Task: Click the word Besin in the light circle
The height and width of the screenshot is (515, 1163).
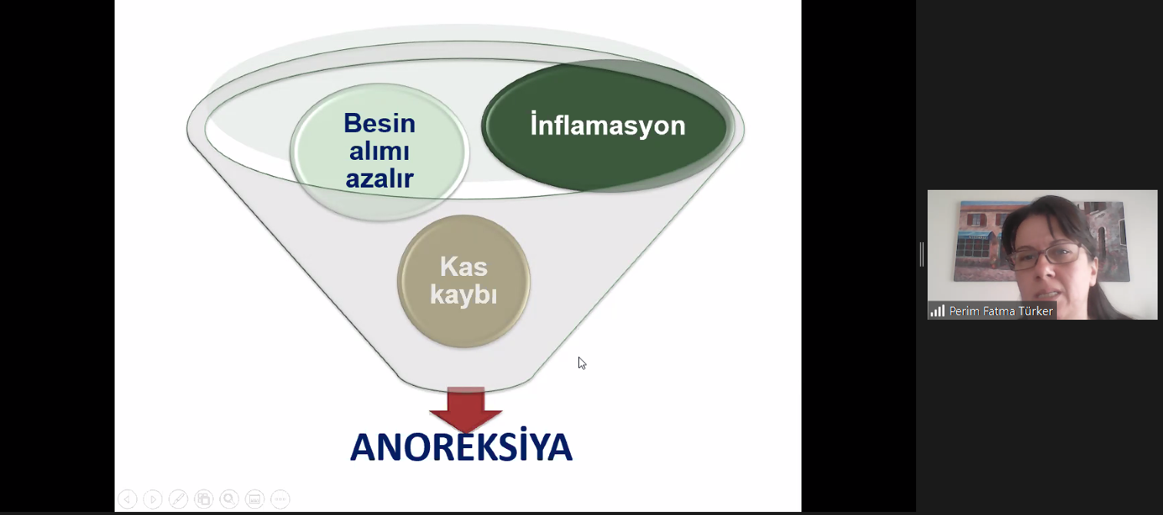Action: point(379,124)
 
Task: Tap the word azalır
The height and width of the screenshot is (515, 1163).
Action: point(379,178)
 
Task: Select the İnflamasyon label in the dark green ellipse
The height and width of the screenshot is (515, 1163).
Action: point(608,125)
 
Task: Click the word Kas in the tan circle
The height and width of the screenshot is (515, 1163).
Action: point(464,267)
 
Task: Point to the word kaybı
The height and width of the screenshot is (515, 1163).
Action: point(464,295)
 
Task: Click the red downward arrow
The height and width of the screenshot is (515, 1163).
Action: point(465,410)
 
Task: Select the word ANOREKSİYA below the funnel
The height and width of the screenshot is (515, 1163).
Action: point(461,446)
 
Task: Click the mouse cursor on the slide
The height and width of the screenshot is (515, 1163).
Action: point(581,363)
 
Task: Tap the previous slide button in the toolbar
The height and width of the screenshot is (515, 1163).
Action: point(127,499)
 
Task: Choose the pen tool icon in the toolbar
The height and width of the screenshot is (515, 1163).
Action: point(178,499)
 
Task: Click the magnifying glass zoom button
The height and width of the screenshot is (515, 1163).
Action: point(229,499)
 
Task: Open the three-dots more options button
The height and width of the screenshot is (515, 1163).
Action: point(280,499)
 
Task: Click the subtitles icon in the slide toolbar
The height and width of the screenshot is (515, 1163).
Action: point(255,499)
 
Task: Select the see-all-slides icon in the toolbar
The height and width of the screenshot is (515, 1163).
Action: point(204,499)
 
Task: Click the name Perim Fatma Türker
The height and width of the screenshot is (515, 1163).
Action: point(1001,311)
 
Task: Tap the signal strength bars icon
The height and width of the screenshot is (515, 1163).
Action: point(937,311)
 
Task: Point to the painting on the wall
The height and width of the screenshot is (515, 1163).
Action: point(986,241)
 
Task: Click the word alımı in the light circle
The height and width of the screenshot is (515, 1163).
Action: point(379,151)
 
